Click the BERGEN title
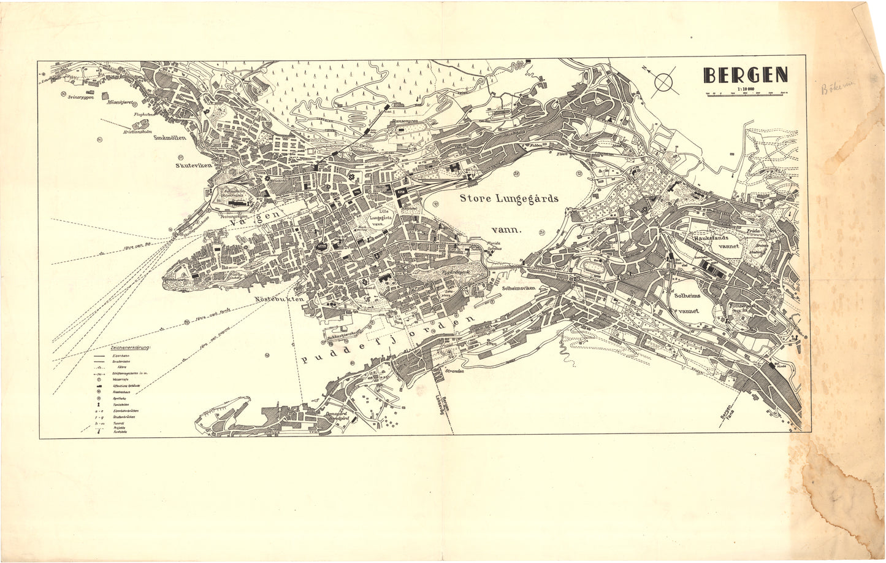point(746,74)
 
